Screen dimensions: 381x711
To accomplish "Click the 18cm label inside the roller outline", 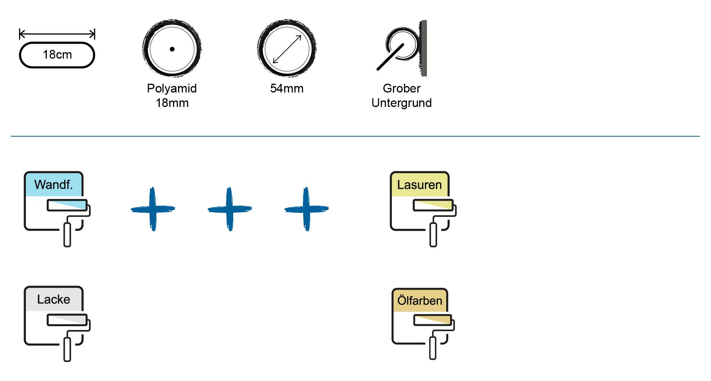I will (57, 55).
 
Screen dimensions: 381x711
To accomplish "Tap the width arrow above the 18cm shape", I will (57, 34).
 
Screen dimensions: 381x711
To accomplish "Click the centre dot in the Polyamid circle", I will (172, 49).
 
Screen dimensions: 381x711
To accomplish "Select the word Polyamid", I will (172, 88).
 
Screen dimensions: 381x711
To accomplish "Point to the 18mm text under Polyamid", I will (172, 103).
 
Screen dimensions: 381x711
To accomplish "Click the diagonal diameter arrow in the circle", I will (287, 49).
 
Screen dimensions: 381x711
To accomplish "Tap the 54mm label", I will (287, 88).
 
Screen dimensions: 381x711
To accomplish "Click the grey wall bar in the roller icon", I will (424, 48).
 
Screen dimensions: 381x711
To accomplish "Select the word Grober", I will (401, 88).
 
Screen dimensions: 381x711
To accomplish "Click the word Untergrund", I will (401, 103).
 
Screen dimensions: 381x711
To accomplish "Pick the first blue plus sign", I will (153, 209).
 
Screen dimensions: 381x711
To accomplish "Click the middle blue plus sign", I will (229, 209).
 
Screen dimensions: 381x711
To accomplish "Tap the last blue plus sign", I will (306, 209).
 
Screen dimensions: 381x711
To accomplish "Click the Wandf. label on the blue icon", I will (53, 185).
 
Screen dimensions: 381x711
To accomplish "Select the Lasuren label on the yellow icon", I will (419, 185).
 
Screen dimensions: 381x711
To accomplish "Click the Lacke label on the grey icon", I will (53, 299).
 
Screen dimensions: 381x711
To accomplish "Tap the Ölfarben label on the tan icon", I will (420, 301).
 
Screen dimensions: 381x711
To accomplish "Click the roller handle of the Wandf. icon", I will (67, 234).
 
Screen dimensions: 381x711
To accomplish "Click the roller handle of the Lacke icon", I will (67, 349).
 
